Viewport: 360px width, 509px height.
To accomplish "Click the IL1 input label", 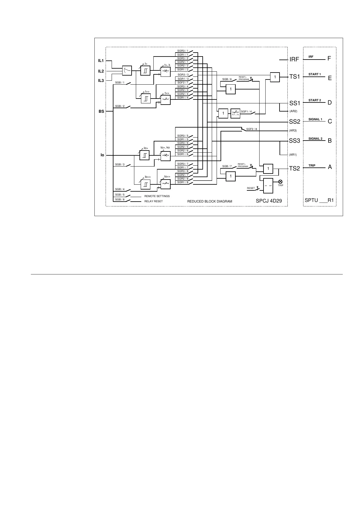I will [101, 61].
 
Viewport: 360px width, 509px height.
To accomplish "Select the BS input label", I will [101, 111].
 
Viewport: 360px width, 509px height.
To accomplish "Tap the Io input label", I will [102, 155].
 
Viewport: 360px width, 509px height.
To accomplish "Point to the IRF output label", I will [294, 59].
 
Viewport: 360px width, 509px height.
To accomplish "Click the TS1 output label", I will [294, 77].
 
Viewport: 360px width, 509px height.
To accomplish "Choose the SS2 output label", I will [294, 122].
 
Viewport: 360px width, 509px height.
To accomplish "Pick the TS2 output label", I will [294, 168].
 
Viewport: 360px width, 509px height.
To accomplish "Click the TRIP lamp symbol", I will [280, 181].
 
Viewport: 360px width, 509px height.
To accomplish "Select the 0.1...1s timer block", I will [235, 113].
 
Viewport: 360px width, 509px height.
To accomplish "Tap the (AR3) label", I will [293, 131].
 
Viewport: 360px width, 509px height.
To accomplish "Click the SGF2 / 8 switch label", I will [251, 129].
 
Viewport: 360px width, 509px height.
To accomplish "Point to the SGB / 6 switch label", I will [227, 79].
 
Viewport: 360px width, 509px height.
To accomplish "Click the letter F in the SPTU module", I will [329, 59].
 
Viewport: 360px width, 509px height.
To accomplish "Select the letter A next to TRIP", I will [330, 167].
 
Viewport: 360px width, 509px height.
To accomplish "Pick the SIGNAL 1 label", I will [315, 119].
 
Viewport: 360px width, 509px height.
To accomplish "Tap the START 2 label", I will [315, 100].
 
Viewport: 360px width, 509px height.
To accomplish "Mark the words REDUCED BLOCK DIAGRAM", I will [210, 201].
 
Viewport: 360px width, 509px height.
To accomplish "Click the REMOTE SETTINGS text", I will [157, 196].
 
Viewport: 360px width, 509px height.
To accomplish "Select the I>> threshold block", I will [146, 99].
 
